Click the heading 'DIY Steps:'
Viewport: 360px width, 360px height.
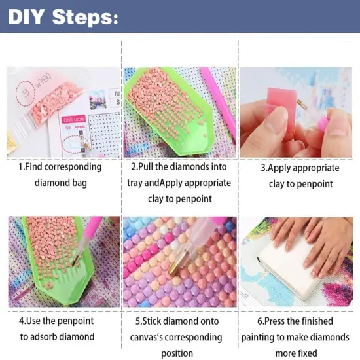pos(63,16)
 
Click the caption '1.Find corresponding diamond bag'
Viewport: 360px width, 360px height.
pos(60,174)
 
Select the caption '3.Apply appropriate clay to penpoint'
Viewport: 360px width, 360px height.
pos(300,175)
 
